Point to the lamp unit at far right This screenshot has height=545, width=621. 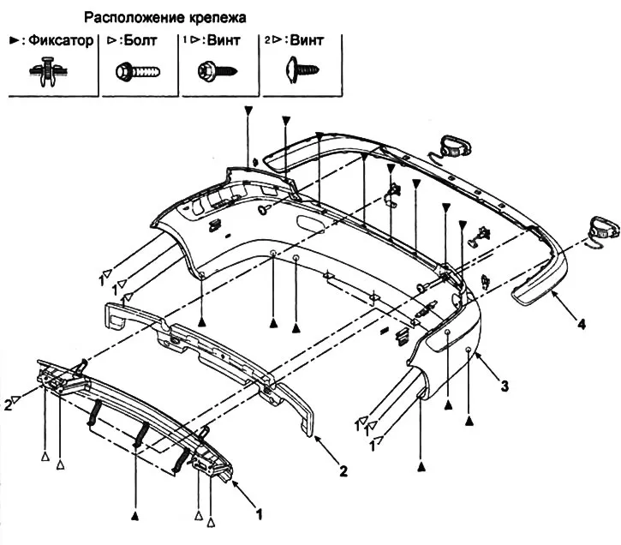pos(603,228)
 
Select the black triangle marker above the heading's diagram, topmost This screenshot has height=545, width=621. pos(248,111)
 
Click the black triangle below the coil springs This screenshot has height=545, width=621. pos(134,516)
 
